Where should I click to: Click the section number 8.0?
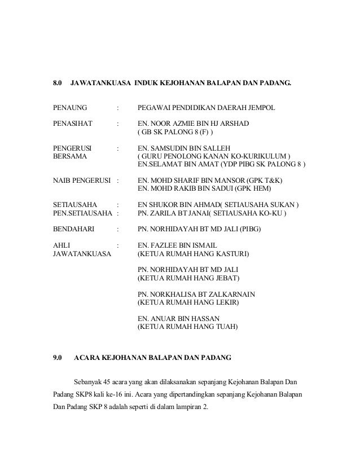57,83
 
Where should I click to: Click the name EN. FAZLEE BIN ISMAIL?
182,246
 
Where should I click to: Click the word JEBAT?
227,279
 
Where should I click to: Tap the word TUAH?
226,327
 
